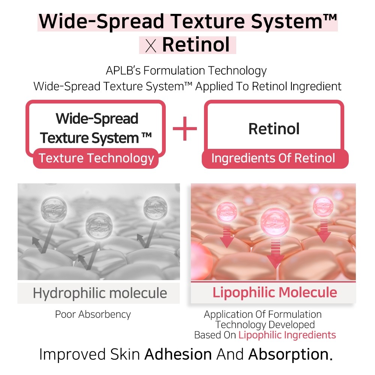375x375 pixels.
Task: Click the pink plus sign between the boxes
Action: click(184, 128)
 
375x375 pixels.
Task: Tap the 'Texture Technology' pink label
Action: click(96, 158)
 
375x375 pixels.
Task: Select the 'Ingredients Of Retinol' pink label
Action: click(275, 158)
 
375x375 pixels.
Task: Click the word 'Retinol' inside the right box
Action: click(274, 129)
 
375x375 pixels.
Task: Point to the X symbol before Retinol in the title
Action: click(151, 46)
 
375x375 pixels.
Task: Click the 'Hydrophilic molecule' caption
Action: click(100, 293)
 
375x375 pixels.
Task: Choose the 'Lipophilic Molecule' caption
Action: click(275, 292)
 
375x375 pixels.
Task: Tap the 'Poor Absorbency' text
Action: click(93, 314)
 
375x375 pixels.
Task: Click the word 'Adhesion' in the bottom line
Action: click(178, 354)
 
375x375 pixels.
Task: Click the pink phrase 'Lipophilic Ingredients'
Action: click(287, 335)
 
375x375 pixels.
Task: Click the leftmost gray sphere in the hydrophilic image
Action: click(54, 209)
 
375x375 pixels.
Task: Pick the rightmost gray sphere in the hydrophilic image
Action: click(156, 208)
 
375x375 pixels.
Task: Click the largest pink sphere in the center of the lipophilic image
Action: click(275, 222)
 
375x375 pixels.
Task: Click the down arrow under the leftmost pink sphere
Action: click(227, 236)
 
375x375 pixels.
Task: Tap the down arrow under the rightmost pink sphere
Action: click(324, 231)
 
